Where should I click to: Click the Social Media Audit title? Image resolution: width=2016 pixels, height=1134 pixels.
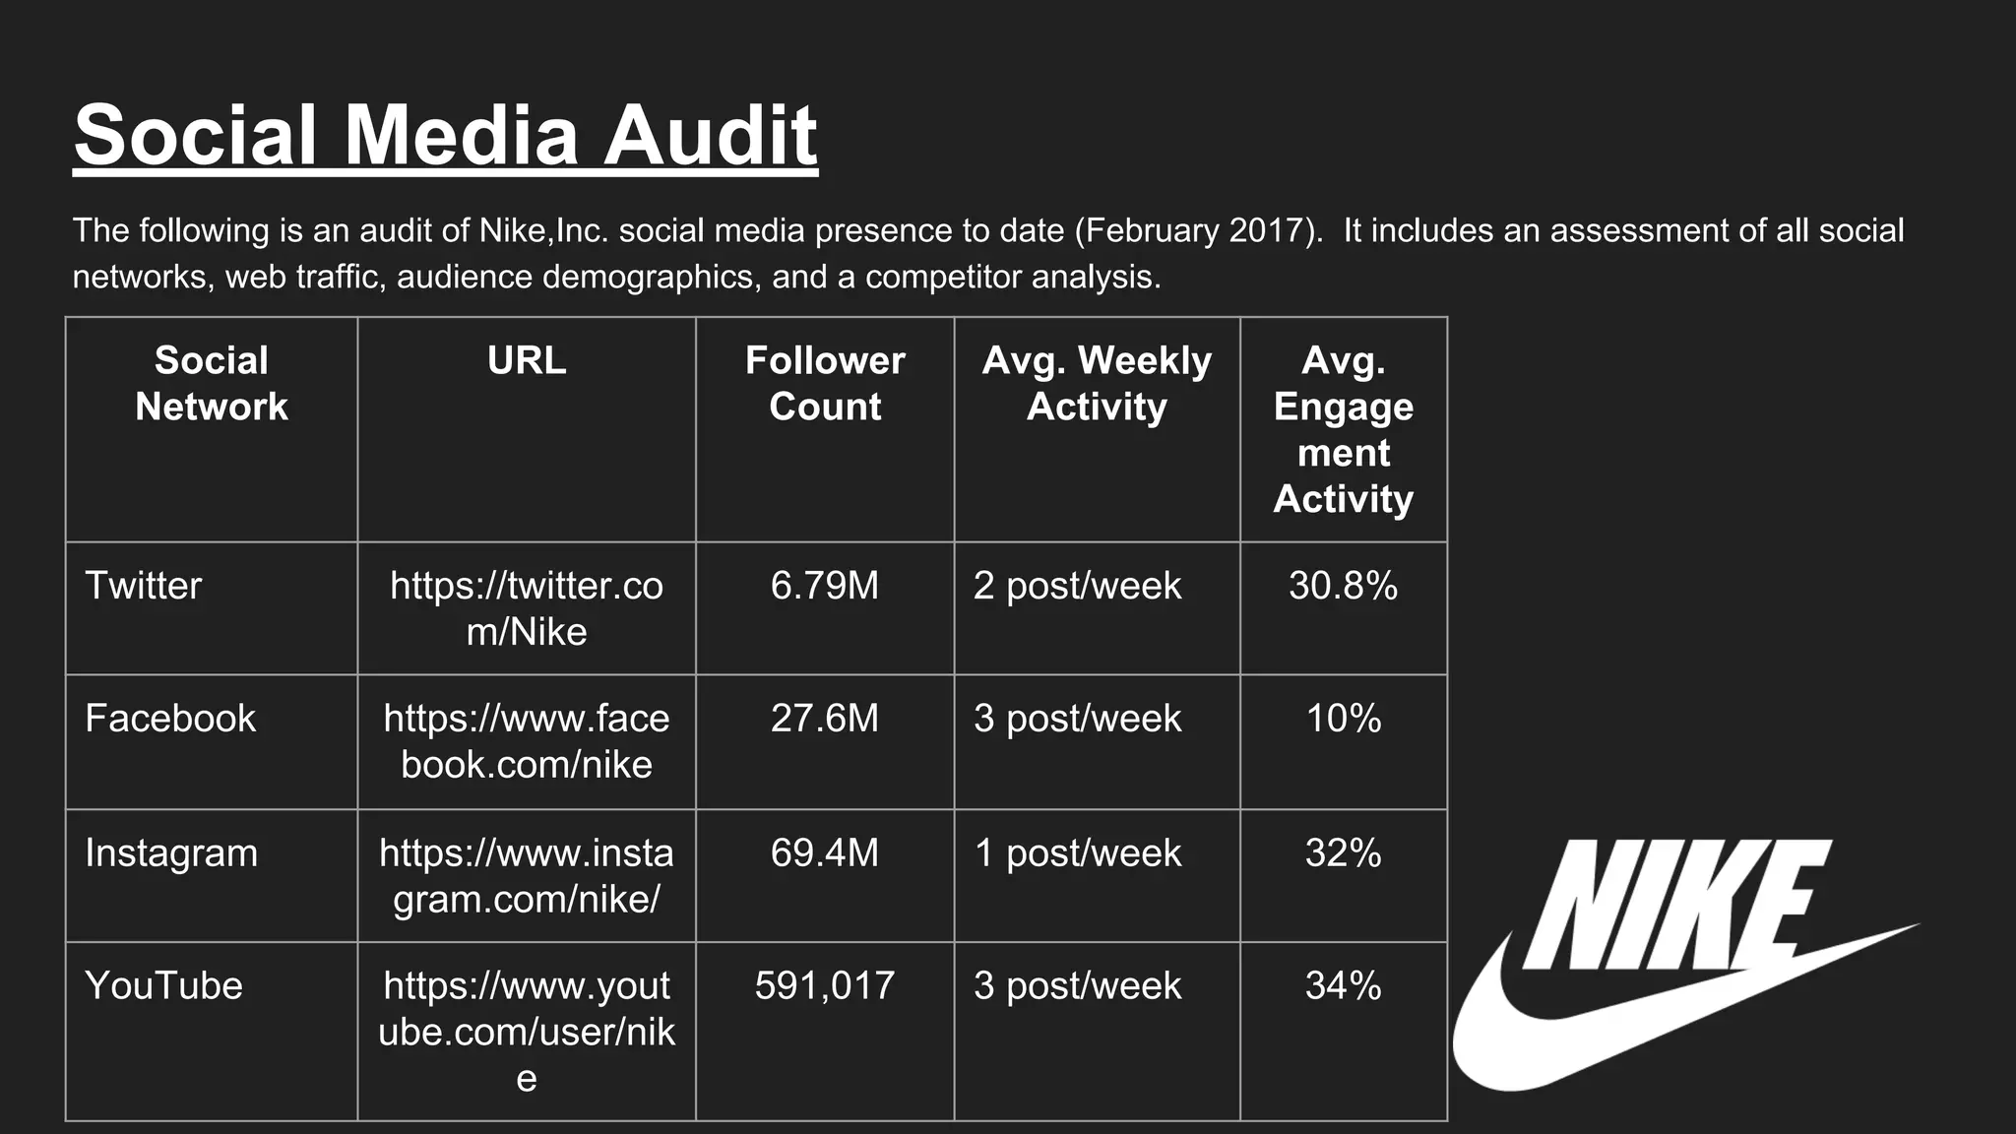tap(445, 135)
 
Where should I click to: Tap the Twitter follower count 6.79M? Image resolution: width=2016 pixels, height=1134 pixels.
tap(824, 586)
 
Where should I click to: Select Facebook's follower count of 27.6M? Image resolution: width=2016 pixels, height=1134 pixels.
tap(824, 719)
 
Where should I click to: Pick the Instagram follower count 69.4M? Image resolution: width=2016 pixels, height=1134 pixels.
tap(824, 852)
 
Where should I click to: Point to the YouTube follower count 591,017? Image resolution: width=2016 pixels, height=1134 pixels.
tap(824, 985)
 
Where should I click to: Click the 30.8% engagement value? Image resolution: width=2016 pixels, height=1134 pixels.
tap(1343, 586)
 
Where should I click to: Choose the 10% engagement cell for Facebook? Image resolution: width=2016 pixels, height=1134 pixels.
tap(1343, 719)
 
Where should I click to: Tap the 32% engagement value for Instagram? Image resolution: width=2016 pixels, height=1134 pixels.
tap(1343, 852)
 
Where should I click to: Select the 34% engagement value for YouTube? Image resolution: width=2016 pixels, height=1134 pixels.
tap(1343, 985)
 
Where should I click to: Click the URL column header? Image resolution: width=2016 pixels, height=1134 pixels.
tap(527, 360)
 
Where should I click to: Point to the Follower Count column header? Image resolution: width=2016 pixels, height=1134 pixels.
tap(824, 383)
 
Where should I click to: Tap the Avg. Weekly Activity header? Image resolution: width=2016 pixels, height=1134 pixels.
tap(1097, 383)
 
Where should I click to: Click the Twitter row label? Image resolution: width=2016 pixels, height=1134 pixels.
tap(144, 586)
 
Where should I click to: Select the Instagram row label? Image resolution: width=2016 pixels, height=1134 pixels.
tap(171, 852)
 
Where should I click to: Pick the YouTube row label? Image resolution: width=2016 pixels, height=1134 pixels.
tap(163, 985)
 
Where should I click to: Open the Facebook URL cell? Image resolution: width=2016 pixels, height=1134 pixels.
tap(527, 741)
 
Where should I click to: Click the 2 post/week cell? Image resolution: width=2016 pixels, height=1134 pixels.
tap(1077, 586)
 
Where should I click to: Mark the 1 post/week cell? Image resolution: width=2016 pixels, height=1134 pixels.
tap(1077, 852)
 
